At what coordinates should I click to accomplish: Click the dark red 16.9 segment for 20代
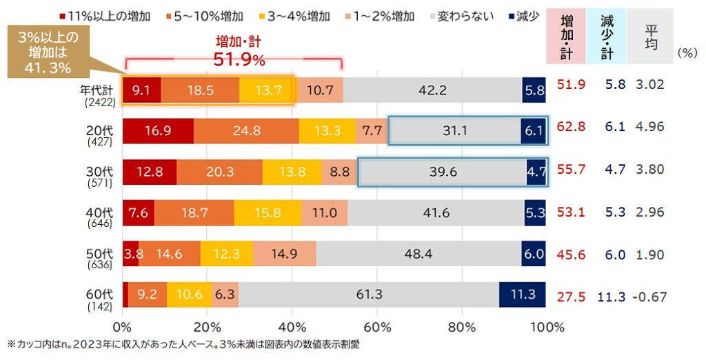click(x=158, y=131)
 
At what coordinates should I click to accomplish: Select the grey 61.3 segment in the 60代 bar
click(x=369, y=294)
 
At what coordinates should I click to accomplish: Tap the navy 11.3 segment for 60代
click(x=522, y=294)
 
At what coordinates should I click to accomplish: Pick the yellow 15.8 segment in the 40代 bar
click(x=268, y=214)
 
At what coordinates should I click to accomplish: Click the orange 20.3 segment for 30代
click(x=219, y=172)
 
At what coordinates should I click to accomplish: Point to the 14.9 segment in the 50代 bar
click(x=284, y=254)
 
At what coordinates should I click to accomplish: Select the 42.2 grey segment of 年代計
click(x=432, y=90)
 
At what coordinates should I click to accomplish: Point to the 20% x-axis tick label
click(x=208, y=326)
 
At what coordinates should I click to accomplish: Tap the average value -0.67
click(x=650, y=296)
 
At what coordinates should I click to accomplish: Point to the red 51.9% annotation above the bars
click(x=239, y=60)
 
